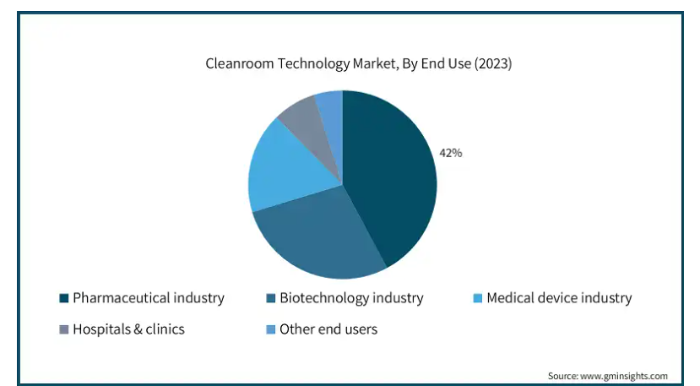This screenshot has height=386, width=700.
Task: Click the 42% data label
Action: [x=451, y=153]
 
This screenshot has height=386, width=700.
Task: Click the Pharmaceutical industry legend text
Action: [x=149, y=297]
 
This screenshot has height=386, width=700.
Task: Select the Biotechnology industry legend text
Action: [x=351, y=297]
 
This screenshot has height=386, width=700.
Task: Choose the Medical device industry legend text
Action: [x=559, y=297]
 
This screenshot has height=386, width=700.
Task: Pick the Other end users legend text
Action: [x=328, y=329]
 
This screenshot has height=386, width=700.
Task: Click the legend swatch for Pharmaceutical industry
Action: [x=64, y=298]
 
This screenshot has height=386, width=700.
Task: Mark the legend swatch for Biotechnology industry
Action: [x=270, y=298]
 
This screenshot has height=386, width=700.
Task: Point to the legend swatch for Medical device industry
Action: [x=478, y=298]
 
